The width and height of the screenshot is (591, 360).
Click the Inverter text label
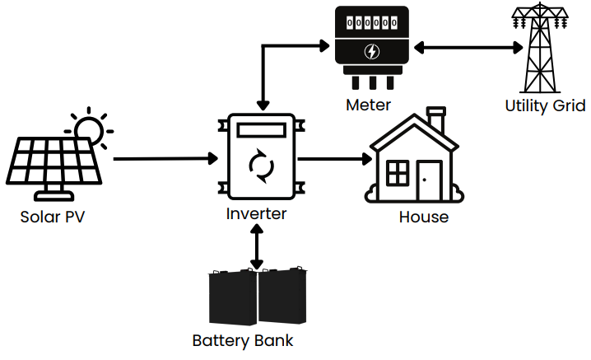[257, 214]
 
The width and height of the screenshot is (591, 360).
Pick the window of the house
[398, 173]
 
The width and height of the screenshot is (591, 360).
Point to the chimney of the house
[437, 120]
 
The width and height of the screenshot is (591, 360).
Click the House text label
[423, 217]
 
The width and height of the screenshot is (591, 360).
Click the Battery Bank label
[242, 340]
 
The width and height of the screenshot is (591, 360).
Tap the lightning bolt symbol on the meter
[372, 52]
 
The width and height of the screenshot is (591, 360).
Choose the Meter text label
[368, 105]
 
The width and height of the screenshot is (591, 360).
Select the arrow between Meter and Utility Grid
[468, 48]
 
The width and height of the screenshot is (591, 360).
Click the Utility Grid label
[545, 105]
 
